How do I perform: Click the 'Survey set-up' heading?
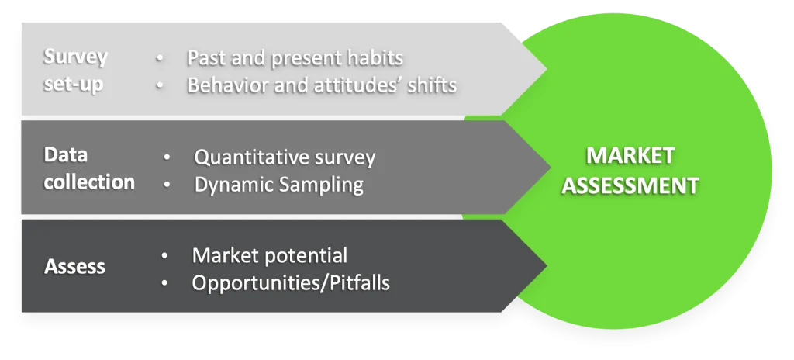coord(74,70)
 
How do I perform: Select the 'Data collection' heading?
coord(88,168)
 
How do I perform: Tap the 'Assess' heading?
coord(75,267)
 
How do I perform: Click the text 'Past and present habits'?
coord(295,58)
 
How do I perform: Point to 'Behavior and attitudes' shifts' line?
coord(321,85)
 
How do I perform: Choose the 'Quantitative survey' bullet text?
coord(285,157)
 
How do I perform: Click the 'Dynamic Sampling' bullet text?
coord(278,184)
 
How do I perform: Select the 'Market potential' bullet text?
coord(269,255)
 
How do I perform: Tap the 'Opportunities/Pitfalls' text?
coord(290,283)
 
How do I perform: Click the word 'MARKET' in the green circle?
coord(630,155)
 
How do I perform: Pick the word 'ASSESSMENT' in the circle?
coord(630,185)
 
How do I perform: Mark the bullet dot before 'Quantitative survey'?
coord(167,158)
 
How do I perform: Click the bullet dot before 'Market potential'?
coord(164,256)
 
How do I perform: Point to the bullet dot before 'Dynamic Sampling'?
coord(167,185)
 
